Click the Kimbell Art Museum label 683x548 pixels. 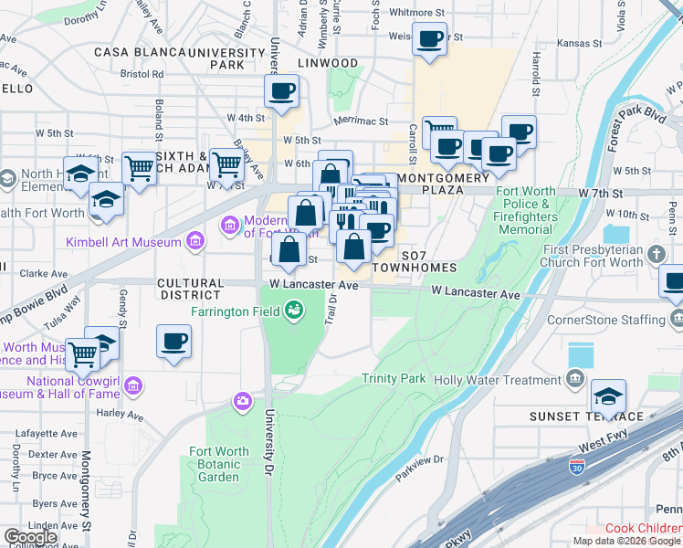coord(124,242)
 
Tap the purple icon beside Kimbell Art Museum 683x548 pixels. coord(194,241)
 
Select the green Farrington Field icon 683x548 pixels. coord(293,312)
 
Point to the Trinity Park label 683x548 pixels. coord(394,378)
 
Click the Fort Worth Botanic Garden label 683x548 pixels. coord(219,464)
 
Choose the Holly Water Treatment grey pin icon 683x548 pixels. coord(574,378)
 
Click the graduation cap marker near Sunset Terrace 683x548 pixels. coord(607,397)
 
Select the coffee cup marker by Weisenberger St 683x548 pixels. coord(429,40)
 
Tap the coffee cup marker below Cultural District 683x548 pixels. coord(173,343)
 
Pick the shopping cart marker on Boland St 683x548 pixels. coord(139,168)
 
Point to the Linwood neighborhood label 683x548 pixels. coord(328,63)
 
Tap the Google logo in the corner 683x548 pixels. coord(29,536)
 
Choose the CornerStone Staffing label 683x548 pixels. coord(605,320)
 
